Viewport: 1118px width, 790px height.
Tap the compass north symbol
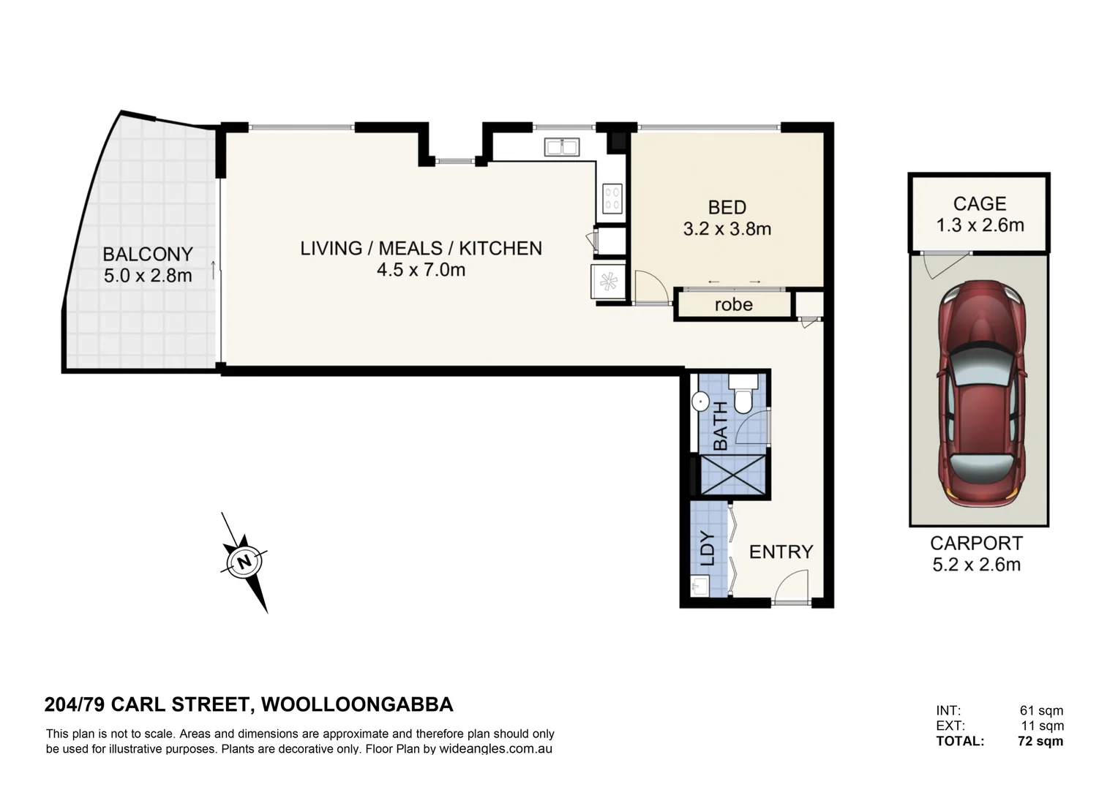(244, 562)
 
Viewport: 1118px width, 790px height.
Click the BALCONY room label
(148, 254)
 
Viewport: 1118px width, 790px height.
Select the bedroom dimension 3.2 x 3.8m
(727, 229)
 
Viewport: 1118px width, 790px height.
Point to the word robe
(733, 304)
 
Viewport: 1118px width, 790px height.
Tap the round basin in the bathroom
(700, 401)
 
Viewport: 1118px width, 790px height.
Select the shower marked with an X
(733, 475)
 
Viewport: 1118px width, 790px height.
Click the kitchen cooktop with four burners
(612, 199)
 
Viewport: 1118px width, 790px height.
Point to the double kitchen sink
(562, 147)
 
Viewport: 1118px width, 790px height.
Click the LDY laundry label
(708, 549)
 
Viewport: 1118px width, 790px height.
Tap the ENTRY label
(781, 552)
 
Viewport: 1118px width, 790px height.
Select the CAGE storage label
(980, 203)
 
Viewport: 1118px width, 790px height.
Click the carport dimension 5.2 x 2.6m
(976, 565)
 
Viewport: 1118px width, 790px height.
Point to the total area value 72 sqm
(1040, 741)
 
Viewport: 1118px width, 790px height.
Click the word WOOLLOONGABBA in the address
(357, 704)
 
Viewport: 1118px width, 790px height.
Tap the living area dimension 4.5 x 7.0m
(421, 270)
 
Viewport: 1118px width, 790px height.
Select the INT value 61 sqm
(1041, 710)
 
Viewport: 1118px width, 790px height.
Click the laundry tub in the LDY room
(700, 585)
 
